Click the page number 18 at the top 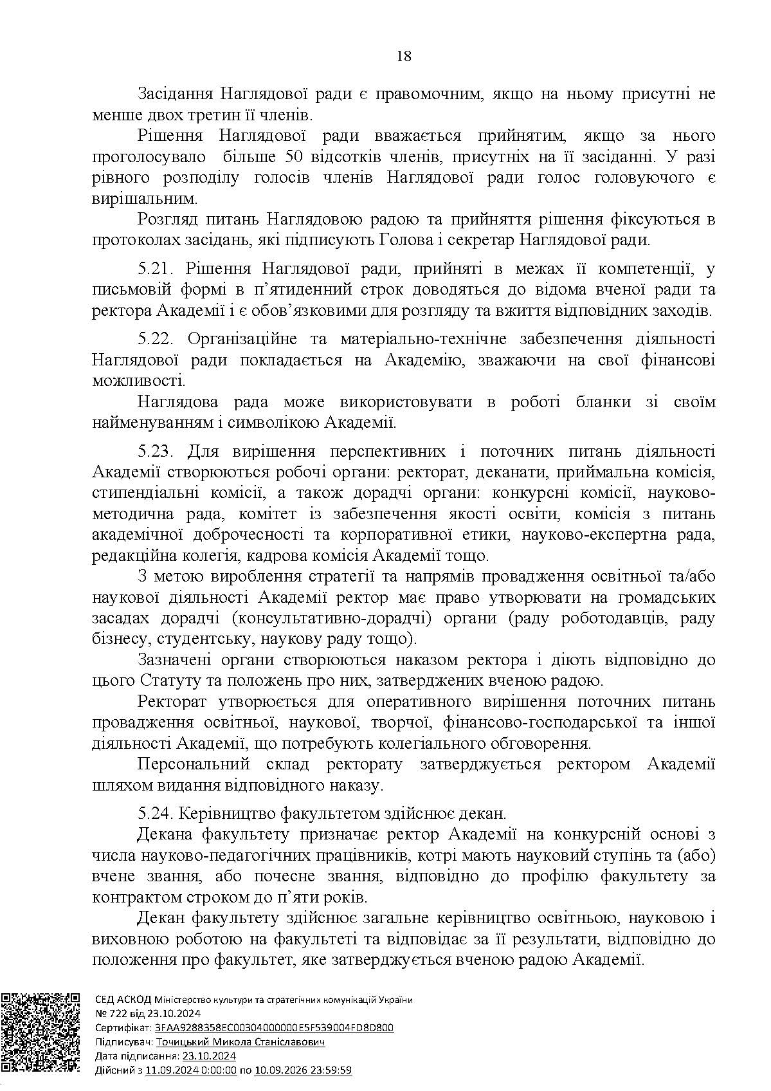tap(404, 56)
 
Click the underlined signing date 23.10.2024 tap(209, 1056)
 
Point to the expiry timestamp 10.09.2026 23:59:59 tap(304, 1070)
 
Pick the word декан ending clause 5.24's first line tap(487, 813)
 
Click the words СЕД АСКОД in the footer tap(122, 999)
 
